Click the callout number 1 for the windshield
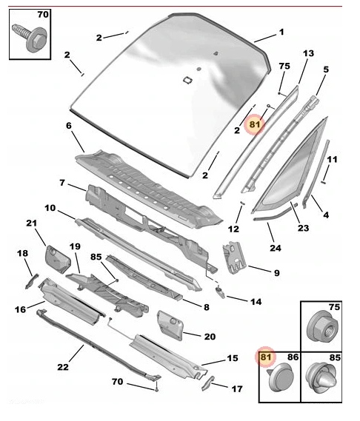(x=281, y=33)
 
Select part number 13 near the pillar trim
(x=309, y=54)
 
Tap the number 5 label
(x=325, y=70)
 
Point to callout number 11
(x=333, y=160)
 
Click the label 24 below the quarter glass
(x=276, y=249)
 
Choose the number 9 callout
(x=276, y=273)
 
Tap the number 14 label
(x=256, y=301)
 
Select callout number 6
(x=69, y=126)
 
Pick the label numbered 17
(x=237, y=388)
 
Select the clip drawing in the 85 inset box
(x=324, y=380)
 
